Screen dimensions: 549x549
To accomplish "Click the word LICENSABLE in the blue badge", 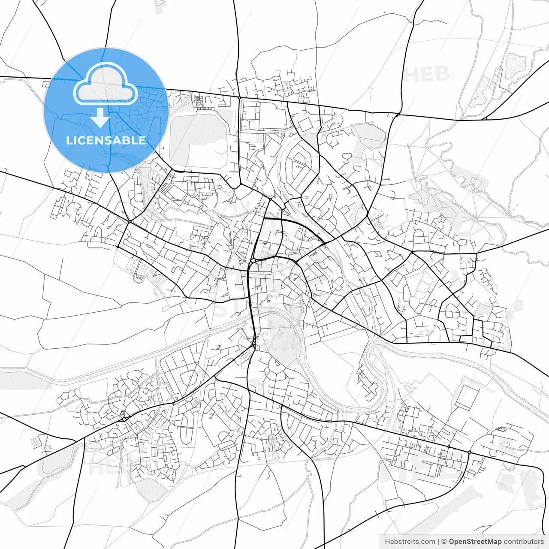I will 106,140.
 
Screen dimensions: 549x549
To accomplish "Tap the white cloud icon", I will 106,83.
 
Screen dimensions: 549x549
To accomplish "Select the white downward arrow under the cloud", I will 100,118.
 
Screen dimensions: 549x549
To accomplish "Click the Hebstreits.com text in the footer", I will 410,541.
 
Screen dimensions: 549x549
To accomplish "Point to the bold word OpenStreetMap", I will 475,541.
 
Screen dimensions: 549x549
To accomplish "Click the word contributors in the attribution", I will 524,541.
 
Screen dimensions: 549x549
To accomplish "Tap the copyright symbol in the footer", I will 444,541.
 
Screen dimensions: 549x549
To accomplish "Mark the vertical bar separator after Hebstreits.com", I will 438,541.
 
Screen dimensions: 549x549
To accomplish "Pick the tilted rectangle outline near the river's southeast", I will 466,396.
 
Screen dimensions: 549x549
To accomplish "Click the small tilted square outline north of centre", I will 305,125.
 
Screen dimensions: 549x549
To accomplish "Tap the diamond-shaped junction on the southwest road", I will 124,418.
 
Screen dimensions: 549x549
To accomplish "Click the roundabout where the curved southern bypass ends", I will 470,452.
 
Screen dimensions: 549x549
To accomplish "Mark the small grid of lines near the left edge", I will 37,440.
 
